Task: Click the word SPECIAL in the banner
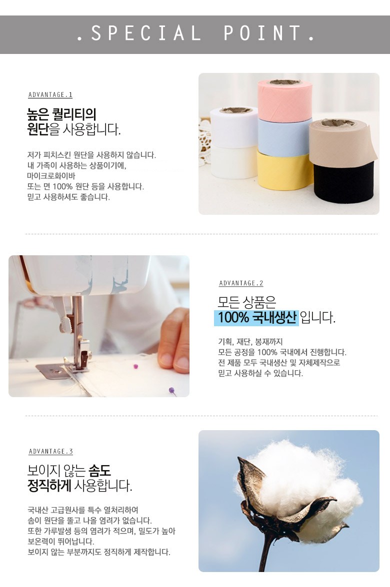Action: [x=145, y=33]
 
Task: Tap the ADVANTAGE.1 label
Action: [x=50, y=95]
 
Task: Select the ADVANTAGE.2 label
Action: [x=241, y=283]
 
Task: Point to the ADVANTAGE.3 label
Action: [x=50, y=452]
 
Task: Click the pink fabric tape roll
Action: [x=284, y=100]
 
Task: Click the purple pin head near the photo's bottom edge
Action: [x=171, y=390]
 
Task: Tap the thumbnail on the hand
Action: [x=180, y=362]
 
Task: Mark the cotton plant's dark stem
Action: [x=267, y=554]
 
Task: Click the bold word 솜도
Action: [x=99, y=471]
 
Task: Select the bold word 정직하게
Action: [x=49, y=486]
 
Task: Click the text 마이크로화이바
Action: [x=51, y=176]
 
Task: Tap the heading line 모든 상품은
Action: [x=247, y=302]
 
